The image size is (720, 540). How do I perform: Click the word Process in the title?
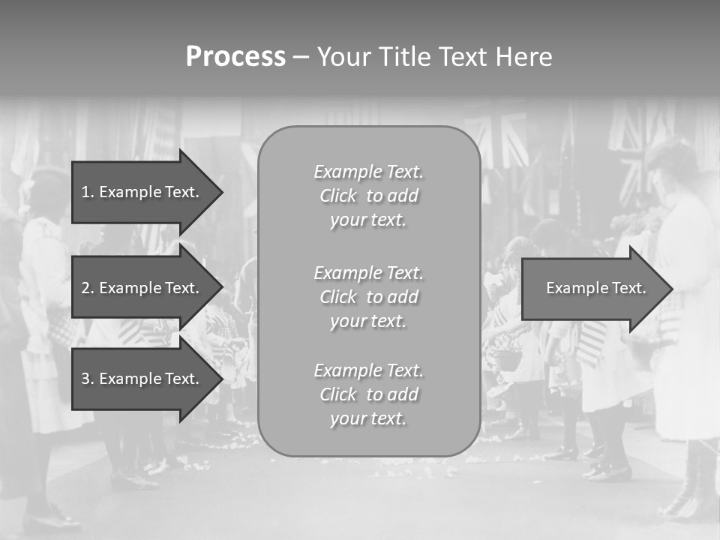click(235, 57)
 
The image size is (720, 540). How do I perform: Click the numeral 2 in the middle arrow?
click(85, 288)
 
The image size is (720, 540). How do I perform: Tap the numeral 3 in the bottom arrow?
click(85, 379)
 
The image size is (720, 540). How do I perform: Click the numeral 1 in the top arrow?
click(85, 192)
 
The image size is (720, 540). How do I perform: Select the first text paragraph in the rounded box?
click(368, 196)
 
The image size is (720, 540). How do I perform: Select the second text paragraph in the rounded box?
click(368, 297)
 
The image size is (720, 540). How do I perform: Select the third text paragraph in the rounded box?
click(368, 394)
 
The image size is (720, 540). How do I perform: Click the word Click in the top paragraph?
click(338, 196)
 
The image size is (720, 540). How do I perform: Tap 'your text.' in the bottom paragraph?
click(368, 418)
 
